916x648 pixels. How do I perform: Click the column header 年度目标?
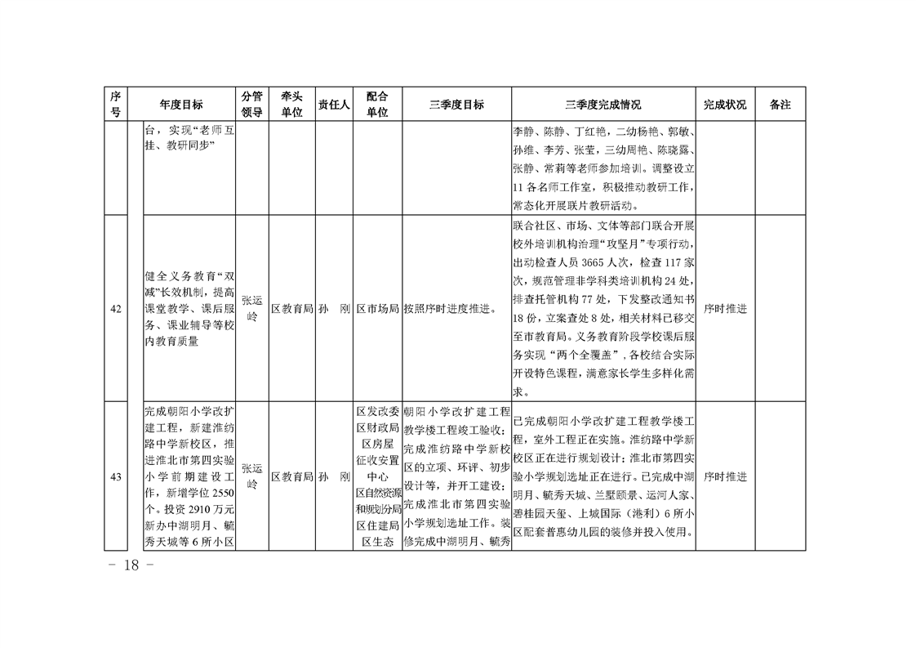[181, 105]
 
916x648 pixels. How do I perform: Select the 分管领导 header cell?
[251, 105]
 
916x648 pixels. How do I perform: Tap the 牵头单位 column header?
[291, 105]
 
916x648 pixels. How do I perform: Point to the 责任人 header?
[333, 105]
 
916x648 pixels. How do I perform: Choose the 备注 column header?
[780, 105]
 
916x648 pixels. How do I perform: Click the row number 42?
[116, 309]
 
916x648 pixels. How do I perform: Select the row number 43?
[116, 476]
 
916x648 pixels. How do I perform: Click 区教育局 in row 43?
[292, 476]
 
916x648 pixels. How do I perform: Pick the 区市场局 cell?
[377, 309]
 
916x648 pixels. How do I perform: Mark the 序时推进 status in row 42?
[725, 309]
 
